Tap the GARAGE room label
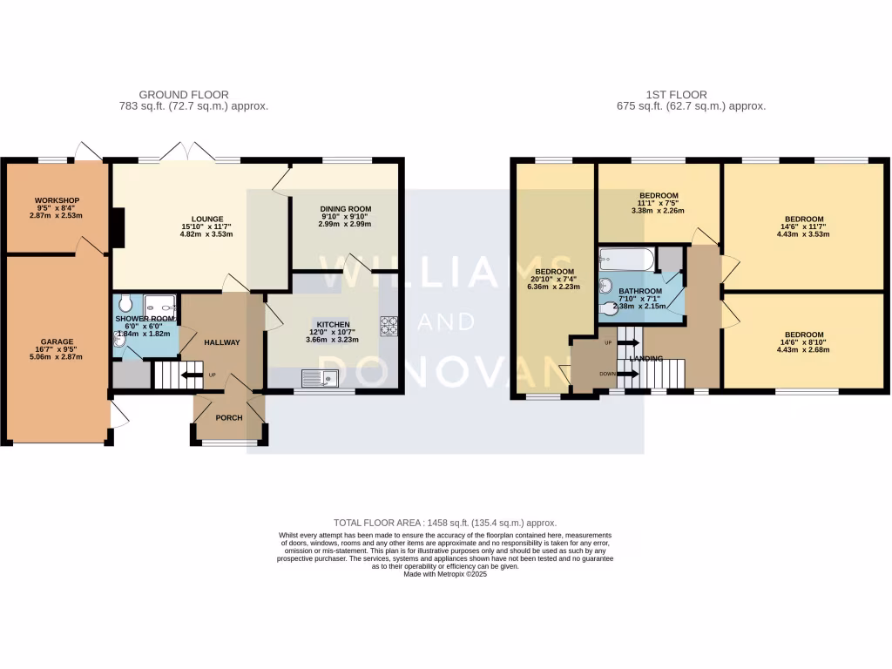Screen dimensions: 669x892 56,341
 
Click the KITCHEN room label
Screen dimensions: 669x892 333,324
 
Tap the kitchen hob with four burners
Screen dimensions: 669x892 389,326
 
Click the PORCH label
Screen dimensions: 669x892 229,417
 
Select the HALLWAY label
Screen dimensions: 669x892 221,342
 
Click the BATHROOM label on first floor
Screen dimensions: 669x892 640,291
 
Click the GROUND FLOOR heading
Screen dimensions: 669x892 184,95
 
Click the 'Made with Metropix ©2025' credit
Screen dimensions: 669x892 445,574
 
